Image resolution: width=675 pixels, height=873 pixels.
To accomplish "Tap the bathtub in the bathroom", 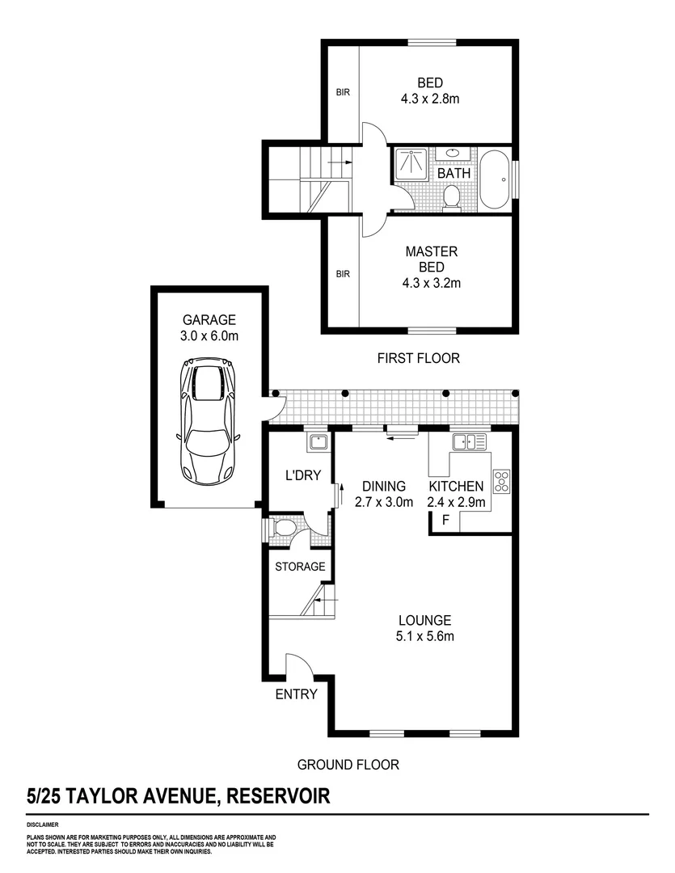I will pyautogui.click(x=494, y=179).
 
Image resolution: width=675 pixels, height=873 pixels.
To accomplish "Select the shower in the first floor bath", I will pyautogui.click(x=413, y=165).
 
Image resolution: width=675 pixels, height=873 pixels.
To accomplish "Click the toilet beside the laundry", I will pyautogui.click(x=284, y=529).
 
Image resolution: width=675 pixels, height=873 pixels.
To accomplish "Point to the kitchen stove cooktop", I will pyautogui.click(x=501, y=481).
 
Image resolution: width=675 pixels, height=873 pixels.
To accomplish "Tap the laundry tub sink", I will pyautogui.click(x=316, y=442).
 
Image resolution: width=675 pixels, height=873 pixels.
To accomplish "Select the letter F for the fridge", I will pyautogui.click(x=444, y=521).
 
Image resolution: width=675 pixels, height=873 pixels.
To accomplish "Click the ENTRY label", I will pyautogui.click(x=296, y=694).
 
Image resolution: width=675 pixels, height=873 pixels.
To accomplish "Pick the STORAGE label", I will pyautogui.click(x=300, y=567).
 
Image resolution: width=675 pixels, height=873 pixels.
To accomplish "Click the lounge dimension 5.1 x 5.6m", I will pyautogui.click(x=424, y=636).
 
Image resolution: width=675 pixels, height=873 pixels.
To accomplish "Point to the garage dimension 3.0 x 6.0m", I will pyautogui.click(x=209, y=335).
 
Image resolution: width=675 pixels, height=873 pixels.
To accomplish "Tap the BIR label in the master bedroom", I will pyautogui.click(x=343, y=274).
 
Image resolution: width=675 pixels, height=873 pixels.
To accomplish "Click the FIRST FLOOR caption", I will pyautogui.click(x=418, y=358).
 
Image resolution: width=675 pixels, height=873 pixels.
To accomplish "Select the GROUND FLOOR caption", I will pyautogui.click(x=348, y=764).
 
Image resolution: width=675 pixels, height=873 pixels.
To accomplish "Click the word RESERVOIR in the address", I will pyautogui.click(x=279, y=796).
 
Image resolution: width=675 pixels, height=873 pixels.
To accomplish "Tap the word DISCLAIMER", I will pyautogui.click(x=41, y=825).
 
